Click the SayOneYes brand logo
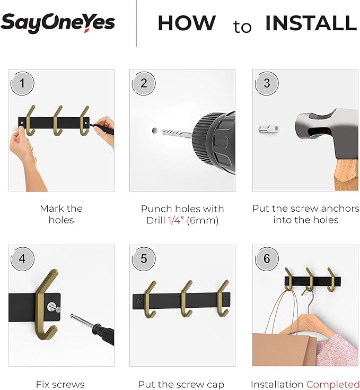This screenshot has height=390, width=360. coord(58,22)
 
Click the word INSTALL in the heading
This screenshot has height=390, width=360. coord(311,23)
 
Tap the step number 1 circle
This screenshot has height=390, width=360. coord(22,83)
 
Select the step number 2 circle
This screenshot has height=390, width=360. coord(144,83)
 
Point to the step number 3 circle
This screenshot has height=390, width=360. coord(266,83)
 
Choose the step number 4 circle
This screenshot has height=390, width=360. coord(22,258)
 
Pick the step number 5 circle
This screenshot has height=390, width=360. coord(144,258)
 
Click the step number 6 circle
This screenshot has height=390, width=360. coord(266,258)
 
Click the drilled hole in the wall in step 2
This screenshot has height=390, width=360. coord(154,130)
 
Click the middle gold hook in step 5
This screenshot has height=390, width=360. coord(186,299)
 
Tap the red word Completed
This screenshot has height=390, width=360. coord(332,384)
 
